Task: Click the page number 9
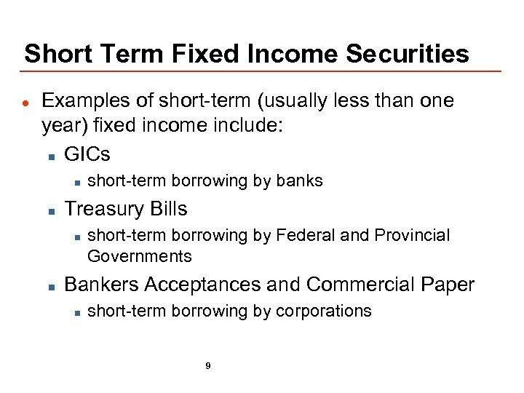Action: click(208, 366)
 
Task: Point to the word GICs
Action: click(87, 154)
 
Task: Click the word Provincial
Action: click(412, 235)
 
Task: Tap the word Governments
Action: click(139, 256)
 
